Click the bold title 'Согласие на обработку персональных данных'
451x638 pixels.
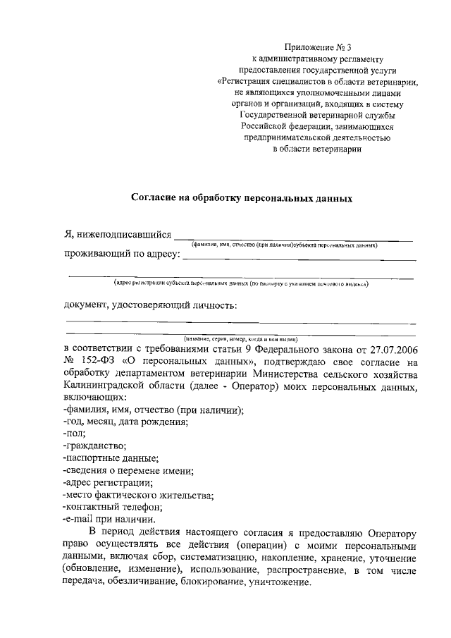pos(241,199)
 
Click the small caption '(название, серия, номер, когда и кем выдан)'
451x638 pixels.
pos(242,338)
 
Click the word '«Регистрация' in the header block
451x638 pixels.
pos(247,82)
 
